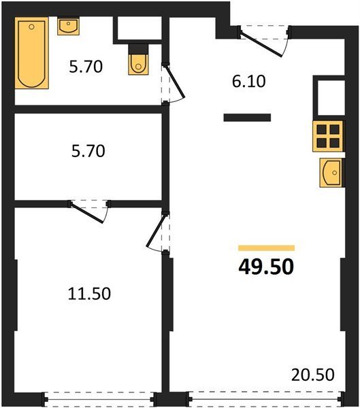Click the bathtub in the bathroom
click(31, 53)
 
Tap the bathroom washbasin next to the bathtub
click(68, 26)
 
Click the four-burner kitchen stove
click(328, 136)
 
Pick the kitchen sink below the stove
click(331, 173)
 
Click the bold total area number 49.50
click(266, 267)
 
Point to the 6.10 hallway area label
click(249, 81)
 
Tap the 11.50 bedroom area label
click(89, 294)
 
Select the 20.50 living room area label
click(312, 375)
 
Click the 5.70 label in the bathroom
click(86, 67)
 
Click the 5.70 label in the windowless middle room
click(88, 151)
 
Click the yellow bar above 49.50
click(267, 248)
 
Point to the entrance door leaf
click(261, 44)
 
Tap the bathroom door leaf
click(174, 81)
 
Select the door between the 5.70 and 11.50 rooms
click(86, 213)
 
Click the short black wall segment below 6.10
click(247, 118)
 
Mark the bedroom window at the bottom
click(99, 399)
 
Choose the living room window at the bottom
click(265, 398)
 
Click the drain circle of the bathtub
click(31, 27)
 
